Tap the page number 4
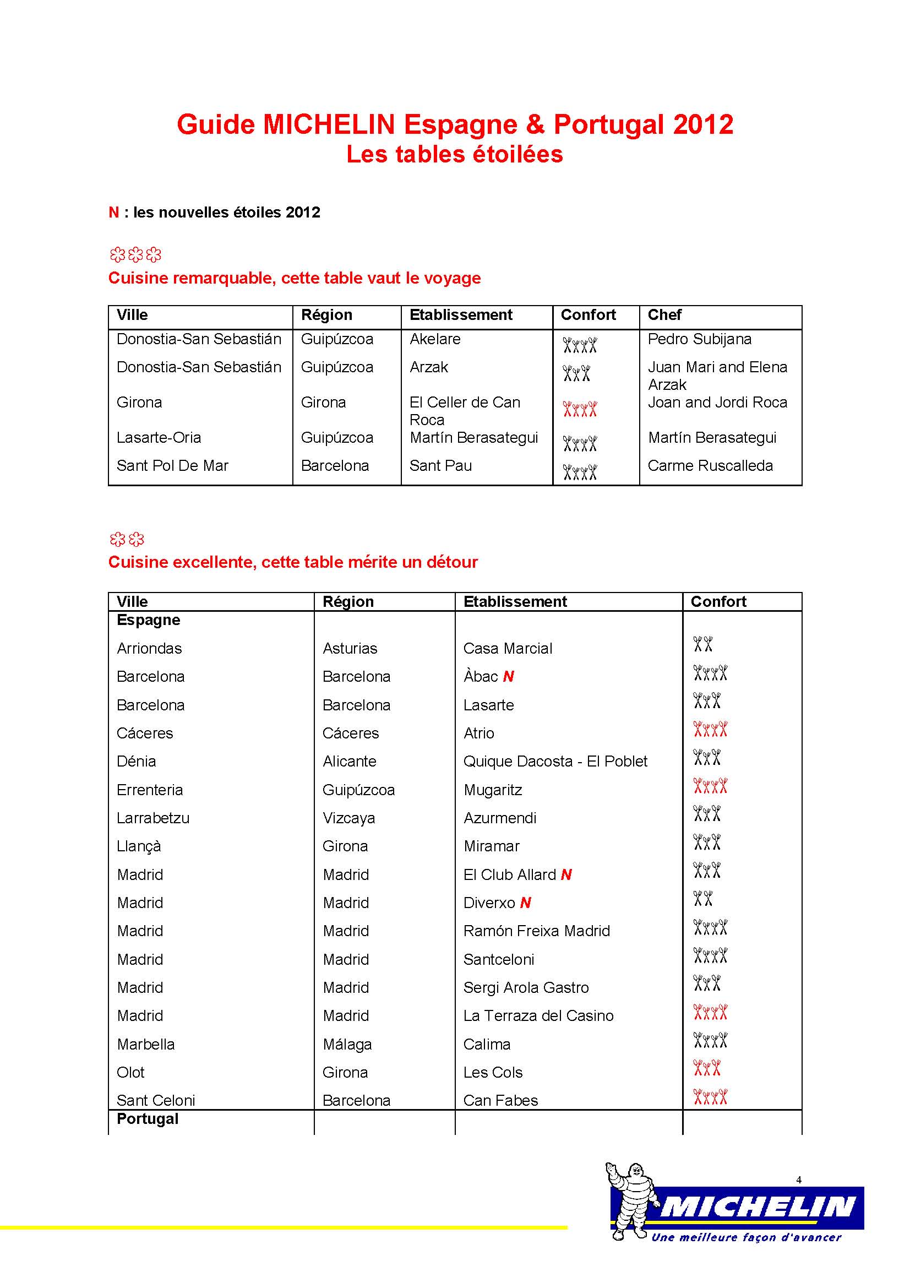(798, 1180)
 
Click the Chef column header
(664, 315)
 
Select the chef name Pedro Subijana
(699, 339)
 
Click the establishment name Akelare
(434, 339)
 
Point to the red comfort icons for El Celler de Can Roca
(580, 409)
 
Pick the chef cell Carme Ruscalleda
(710, 466)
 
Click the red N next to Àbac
(509, 677)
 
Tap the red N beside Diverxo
(525, 903)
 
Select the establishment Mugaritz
(492, 790)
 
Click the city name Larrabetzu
(153, 818)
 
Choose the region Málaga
(347, 1044)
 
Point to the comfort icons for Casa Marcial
(702, 644)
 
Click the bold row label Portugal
(148, 1118)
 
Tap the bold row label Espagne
(148, 620)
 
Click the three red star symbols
(135, 256)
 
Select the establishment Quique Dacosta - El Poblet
(555, 761)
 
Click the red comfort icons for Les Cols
(706, 1068)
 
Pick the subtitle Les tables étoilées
(454, 154)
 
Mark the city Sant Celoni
(156, 1100)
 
